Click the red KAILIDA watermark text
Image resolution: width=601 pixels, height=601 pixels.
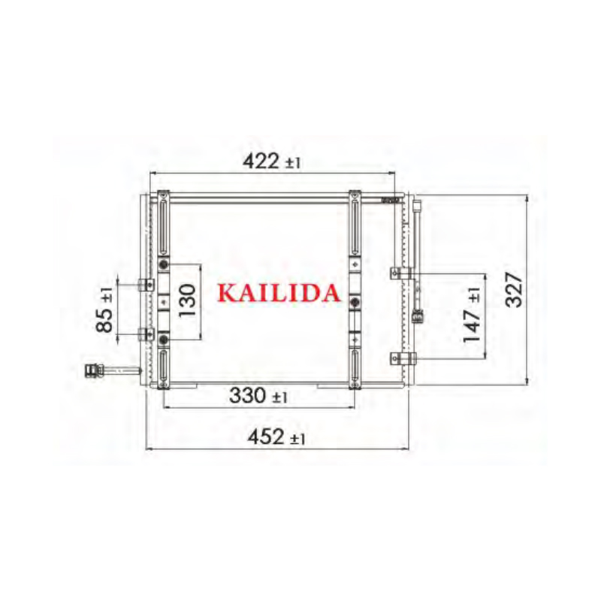(279, 293)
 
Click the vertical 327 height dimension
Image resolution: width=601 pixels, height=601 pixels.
(514, 289)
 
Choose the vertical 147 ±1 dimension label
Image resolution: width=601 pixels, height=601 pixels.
(472, 315)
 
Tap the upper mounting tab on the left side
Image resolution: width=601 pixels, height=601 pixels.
(146, 284)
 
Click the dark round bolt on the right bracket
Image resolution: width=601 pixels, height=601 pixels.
(354, 302)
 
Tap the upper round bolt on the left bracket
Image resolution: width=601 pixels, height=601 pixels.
(164, 265)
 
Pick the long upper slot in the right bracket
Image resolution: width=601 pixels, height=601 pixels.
(354, 224)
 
